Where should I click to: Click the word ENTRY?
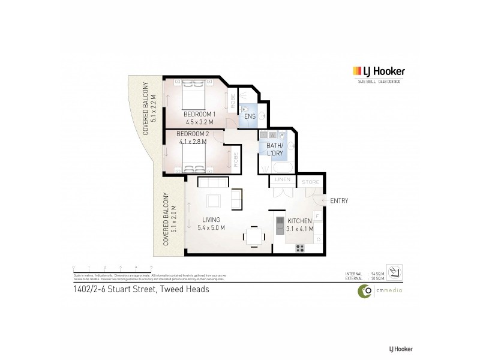pos(339,200)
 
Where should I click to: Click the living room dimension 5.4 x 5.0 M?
pos(211,228)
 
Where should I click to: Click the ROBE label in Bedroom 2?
pos(236,160)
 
